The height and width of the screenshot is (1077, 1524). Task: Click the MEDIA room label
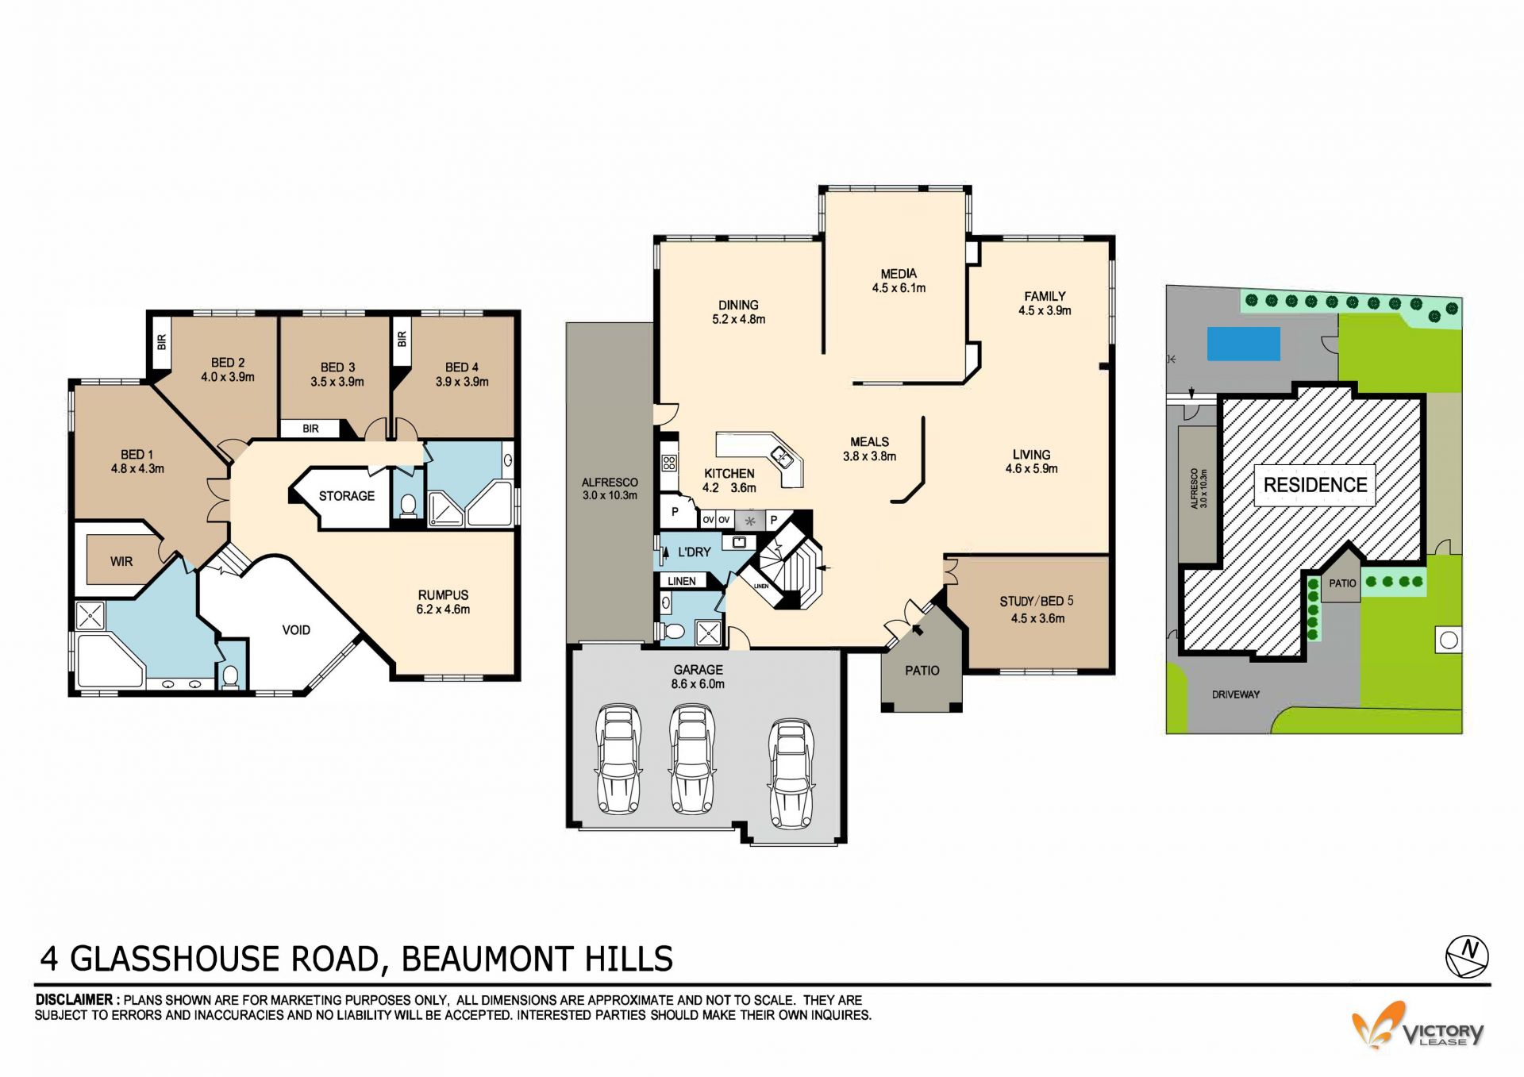pyautogui.click(x=899, y=274)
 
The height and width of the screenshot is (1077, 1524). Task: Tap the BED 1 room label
pyautogui.click(x=137, y=455)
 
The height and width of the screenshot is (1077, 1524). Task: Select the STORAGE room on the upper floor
pyautogui.click(x=347, y=496)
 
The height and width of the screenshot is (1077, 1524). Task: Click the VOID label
pyautogui.click(x=296, y=630)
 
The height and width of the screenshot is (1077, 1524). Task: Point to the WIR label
pyautogui.click(x=121, y=562)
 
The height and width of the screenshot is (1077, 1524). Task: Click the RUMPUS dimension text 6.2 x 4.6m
pyautogui.click(x=443, y=610)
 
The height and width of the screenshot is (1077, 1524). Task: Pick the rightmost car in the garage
pyautogui.click(x=791, y=773)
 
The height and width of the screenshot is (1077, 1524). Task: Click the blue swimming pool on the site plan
pyautogui.click(x=1244, y=344)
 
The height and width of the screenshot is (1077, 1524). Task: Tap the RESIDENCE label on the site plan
pyautogui.click(x=1315, y=485)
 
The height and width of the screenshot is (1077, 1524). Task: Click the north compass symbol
pyautogui.click(x=1467, y=956)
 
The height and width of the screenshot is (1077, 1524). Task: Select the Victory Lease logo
pyautogui.click(x=1418, y=1027)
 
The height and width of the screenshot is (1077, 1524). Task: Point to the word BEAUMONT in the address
pyautogui.click(x=487, y=959)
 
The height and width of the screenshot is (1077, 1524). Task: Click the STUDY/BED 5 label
pyautogui.click(x=1037, y=602)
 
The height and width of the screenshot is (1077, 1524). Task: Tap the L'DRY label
pyautogui.click(x=695, y=552)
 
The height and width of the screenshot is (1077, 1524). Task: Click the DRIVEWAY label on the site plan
pyautogui.click(x=1236, y=694)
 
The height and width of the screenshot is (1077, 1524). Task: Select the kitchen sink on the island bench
pyautogui.click(x=781, y=456)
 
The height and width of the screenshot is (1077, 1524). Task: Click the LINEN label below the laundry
pyautogui.click(x=682, y=581)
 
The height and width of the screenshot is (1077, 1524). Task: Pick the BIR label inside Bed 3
pyautogui.click(x=310, y=429)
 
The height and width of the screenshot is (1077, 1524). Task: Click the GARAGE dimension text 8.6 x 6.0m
pyautogui.click(x=698, y=684)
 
